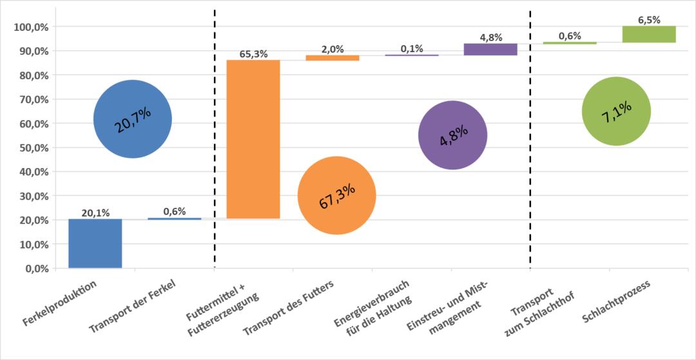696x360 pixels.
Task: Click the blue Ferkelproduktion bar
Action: (x=95, y=243)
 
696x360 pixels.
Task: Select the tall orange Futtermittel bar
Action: (x=253, y=139)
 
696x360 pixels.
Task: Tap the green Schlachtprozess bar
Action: (x=649, y=34)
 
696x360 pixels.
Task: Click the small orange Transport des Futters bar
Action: (x=333, y=58)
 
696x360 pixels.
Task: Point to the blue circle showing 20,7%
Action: (x=133, y=119)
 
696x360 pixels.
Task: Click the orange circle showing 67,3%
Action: (x=337, y=195)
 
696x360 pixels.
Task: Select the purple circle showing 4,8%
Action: (x=452, y=135)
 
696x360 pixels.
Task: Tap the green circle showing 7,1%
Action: (x=616, y=111)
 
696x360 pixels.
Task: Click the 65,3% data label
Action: (x=253, y=54)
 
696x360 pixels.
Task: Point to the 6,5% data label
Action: (x=649, y=20)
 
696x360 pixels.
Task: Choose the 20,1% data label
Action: (x=95, y=213)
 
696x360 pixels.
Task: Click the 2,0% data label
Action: (x=333, y=49)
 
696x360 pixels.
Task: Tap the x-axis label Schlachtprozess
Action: (x=616, y=301)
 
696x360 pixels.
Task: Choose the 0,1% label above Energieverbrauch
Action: (x=412, y=48)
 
